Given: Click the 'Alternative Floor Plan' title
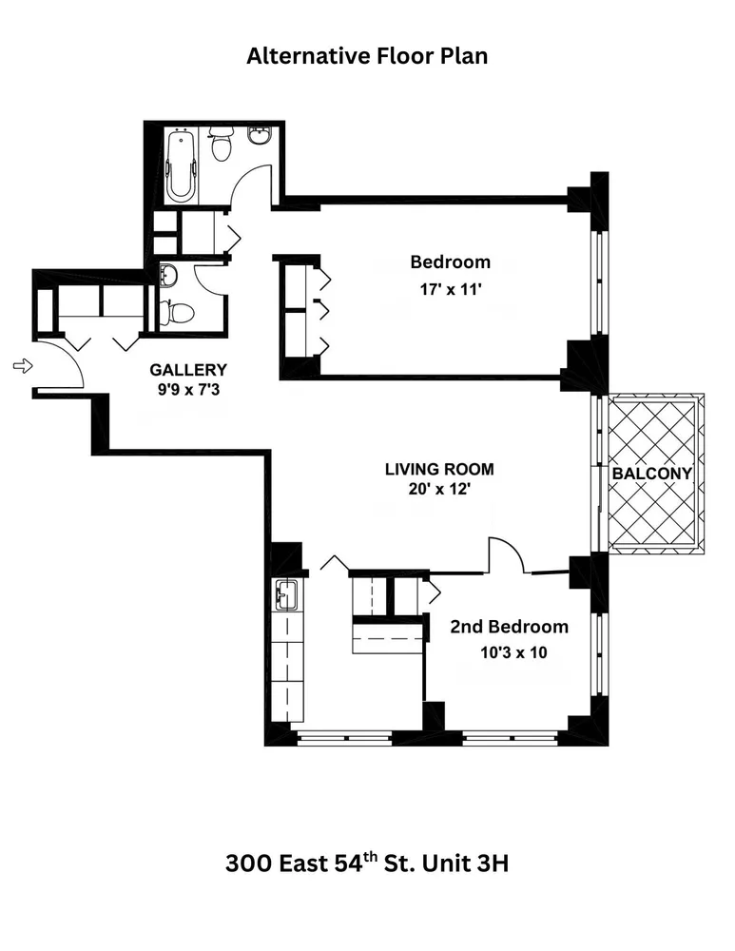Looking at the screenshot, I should point(367,56).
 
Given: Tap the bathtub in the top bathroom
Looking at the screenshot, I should point(181,166).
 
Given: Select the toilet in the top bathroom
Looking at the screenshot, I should point(222,145).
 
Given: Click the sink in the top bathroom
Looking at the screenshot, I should point(260,136).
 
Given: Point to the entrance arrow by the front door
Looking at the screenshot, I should point(22,365).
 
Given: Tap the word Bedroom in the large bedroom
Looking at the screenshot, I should point(450,262).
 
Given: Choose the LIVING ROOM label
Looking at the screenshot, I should point(439,469).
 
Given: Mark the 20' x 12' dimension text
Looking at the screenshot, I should point(439,490).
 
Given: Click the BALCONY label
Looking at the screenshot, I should point(651,473).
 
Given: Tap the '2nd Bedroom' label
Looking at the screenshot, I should point(509,627).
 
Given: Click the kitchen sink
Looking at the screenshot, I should point(286,595).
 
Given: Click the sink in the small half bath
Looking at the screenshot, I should point(167,276).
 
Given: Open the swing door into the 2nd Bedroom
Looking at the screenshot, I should point(506,557).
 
